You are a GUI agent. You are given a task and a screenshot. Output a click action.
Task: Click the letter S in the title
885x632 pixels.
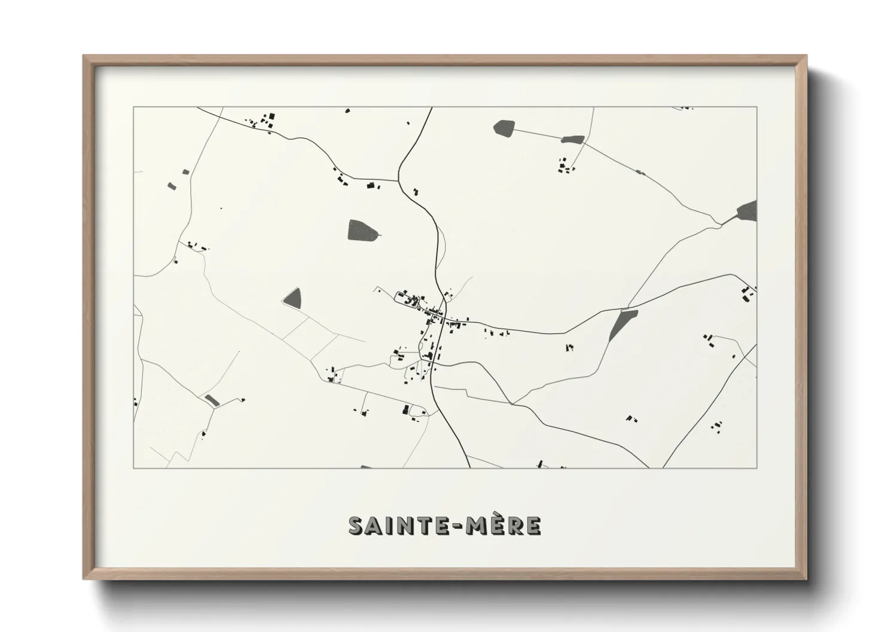tap(357, 526)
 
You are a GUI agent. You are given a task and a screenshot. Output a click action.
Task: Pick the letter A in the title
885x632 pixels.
tap(374, 526)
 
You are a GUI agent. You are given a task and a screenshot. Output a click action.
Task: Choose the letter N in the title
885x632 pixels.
tap(406, 526)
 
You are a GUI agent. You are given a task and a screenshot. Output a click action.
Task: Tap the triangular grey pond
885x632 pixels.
tap(293, 297)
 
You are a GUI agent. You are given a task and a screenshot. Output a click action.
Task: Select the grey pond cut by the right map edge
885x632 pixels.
tap(747, 211)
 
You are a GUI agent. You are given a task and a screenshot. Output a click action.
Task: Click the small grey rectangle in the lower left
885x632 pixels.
tap(211, 400)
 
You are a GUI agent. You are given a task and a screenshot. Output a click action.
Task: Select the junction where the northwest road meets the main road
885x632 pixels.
tap(399, 180)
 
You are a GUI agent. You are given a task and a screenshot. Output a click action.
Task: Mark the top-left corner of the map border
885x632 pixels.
tap(134, 108)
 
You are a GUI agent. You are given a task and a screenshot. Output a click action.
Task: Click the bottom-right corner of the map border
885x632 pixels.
tap(756, 468)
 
